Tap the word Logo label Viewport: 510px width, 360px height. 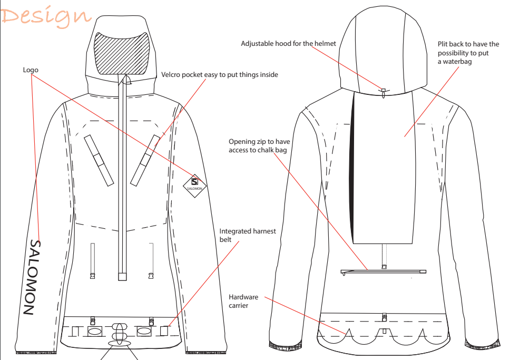pos(31,70)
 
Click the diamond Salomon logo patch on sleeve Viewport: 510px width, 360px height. pos(194,186)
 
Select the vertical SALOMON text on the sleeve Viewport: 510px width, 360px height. pos(33,277)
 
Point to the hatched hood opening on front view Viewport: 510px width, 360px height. pos(121,54)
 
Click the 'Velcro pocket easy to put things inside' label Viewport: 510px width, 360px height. pos(220,74)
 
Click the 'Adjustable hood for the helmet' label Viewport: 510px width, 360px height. pos(289,44)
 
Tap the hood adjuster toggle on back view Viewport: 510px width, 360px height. pos(384,92)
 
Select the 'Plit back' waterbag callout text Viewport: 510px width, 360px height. pos(468,53)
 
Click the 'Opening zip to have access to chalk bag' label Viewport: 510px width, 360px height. pos(259,146)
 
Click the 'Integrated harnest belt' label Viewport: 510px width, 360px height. pos(248,235)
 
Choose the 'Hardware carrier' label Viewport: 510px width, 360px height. pos(243,301)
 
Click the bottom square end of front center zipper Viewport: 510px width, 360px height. pos(122,277)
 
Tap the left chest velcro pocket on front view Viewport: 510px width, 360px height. pos(99,160)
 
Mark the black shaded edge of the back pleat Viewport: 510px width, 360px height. pos(352,166)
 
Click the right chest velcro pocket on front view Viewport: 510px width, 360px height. pos(145,160)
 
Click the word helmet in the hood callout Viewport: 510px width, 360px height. pos(325,44)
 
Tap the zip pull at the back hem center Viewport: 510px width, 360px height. pos(385,317)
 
